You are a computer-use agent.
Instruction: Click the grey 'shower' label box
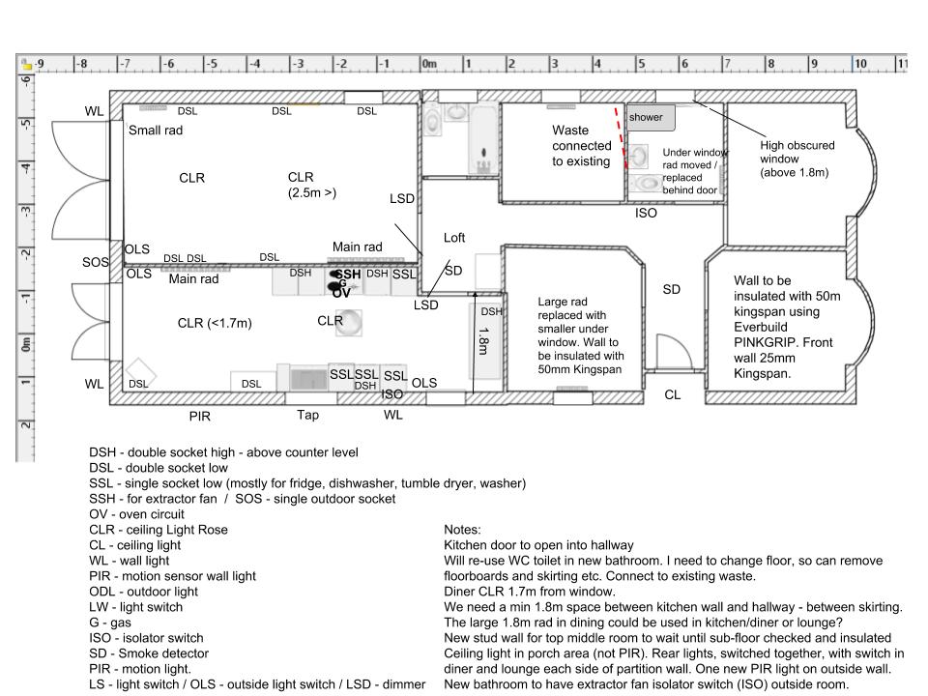pos(646,117)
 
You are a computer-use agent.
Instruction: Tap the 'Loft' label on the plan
pos(454,237)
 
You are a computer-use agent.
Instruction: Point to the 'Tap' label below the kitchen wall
pos(307,415)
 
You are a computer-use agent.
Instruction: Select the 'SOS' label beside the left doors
pos(95,262)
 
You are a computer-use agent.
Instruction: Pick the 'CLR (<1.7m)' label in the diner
pos(215,323)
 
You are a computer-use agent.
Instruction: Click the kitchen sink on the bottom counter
pos(309,378)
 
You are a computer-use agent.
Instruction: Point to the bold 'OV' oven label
pos(341,292)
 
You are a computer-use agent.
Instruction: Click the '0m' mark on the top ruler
pos(428,65)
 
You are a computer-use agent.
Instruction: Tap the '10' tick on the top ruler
pos(859,65)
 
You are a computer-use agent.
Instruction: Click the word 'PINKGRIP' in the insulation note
pos(767,342)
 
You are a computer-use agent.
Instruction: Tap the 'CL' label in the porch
pos(672,394)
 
